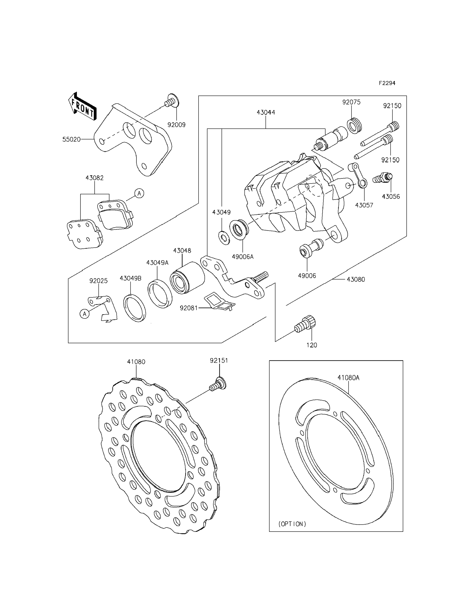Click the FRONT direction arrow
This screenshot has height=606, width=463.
coord(82,107)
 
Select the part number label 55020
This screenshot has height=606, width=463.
coord(71,139)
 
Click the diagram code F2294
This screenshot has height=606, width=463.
coord(387,83)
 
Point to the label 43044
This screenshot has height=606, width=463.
coord(266,112)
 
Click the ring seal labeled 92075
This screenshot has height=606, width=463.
coord(354,125)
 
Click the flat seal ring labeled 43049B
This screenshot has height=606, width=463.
coord(134,308)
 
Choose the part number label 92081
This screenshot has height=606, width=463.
coord(189,308)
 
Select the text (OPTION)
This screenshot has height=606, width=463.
coord(292,524)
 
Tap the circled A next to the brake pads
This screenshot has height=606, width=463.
coord(139,194)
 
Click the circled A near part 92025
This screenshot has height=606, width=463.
coord(85,314)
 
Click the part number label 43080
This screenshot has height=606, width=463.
coord(355,279)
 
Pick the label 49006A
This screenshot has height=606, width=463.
coord(243,257)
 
